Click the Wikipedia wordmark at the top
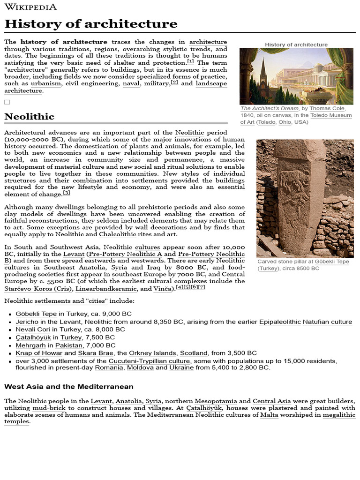(x=30, y=7)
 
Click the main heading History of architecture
(x=91, y=24)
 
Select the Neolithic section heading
(x=29, y=116)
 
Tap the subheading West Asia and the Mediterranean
(x=69, y=387)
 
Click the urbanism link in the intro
(x=46, y=83)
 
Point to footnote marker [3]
(x=67, y=193)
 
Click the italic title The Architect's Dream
(x=269, y=108)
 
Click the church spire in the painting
(x=262, y=70)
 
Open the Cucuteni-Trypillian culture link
(x=150, y=361)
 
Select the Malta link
(x=269, y=415)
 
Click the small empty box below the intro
(x=7, y=102)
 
